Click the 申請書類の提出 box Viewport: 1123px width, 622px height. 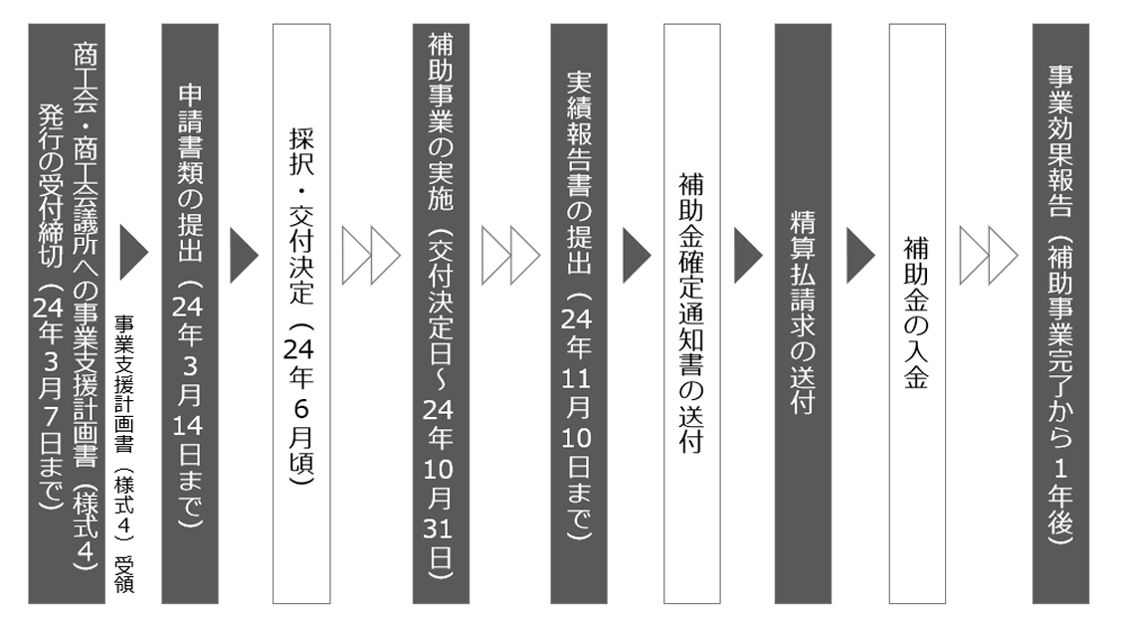point(190,313)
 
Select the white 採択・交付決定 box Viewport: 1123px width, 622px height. point(300,313)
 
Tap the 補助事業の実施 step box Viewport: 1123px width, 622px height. point(441,313)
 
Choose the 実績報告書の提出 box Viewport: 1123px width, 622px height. point(579,313)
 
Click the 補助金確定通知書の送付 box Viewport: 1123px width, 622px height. point(691,313)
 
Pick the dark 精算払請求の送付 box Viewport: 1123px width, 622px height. point(803,313)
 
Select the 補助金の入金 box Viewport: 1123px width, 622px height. point(916,313)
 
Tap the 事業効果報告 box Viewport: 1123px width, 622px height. point(1060,313)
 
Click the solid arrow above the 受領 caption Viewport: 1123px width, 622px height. point(134,254)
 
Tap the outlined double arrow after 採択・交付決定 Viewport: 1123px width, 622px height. point(370,254)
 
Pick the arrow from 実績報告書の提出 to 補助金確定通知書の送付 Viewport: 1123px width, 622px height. point(637,254)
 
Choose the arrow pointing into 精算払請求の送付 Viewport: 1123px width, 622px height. point(748,254)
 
